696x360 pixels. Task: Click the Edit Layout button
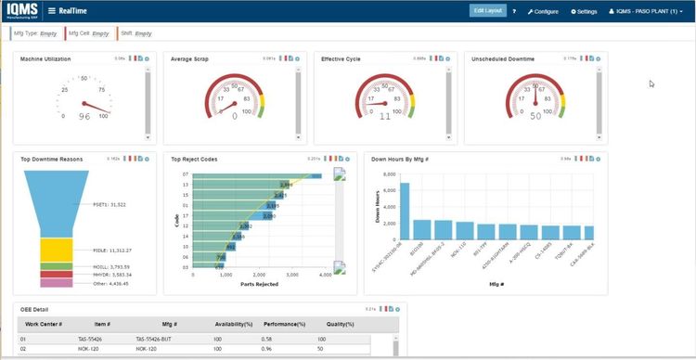tap(487, 10)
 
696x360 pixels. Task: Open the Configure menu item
tap(543, 11)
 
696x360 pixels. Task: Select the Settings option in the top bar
tap(585, 11)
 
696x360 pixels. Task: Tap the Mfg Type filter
tap(34, 33)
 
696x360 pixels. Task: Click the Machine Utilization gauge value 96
tap(84, 116)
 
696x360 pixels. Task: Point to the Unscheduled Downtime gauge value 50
tap(535, 116)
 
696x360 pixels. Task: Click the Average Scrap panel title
tap(190, 58)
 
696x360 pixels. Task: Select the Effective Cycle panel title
tap(341, 58)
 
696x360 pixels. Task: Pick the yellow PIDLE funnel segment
tap(57, 250)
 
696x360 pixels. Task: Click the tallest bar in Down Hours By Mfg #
tap(405, 212)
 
